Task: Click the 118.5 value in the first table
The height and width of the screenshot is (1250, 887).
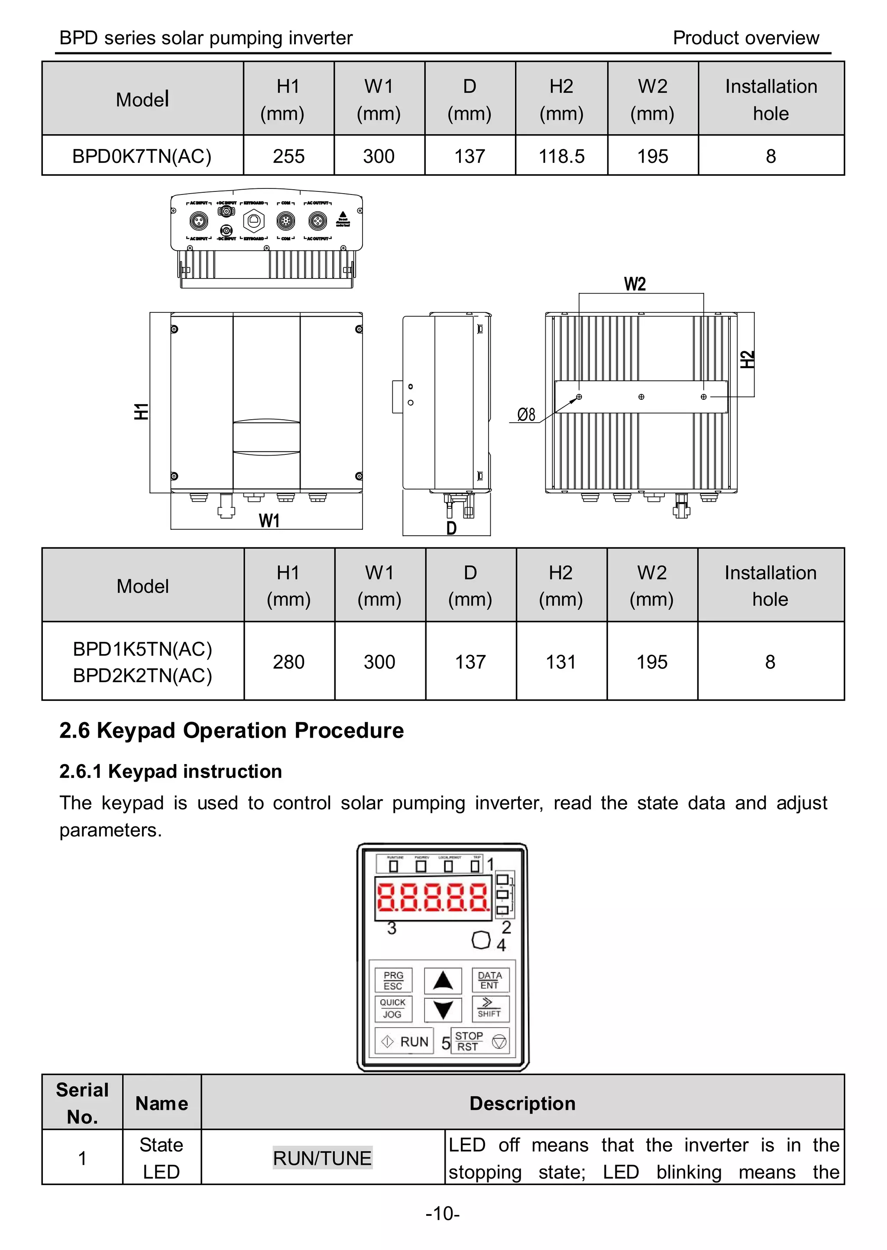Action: click(561, 156)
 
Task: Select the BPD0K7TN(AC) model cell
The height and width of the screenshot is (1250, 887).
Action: click(142, 156)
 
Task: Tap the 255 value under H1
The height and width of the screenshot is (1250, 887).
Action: click(288, 156)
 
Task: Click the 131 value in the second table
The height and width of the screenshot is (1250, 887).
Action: click(561, 662)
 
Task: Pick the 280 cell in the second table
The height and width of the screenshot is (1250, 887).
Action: click(288, 662)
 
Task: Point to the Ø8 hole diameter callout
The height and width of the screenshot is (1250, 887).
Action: click(526, 415)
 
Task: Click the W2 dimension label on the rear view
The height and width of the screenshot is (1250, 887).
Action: click(634, 284)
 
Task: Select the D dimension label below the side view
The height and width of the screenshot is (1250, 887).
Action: click(451, 528)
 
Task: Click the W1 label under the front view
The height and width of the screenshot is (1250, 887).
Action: click(269, 521)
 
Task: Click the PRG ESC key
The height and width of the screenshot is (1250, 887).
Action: click(393, 980)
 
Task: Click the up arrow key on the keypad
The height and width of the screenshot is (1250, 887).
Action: click(443, 980)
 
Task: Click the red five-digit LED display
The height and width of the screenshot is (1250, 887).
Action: click(433, 898)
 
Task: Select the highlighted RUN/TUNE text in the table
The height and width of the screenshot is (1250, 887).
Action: click(322, 1158)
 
